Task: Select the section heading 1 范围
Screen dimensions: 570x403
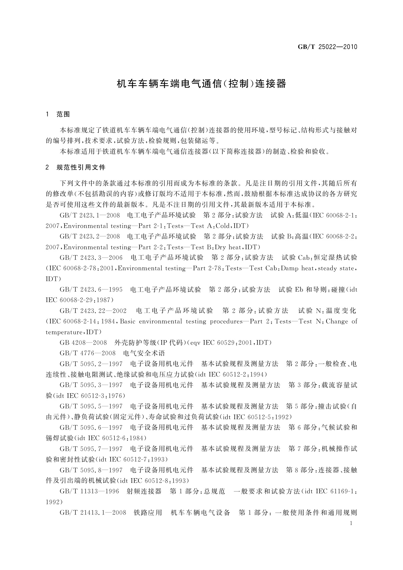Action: coord(58,114)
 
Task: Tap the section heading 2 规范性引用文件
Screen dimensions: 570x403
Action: coord(75,167)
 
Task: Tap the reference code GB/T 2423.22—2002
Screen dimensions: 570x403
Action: coord(93,311)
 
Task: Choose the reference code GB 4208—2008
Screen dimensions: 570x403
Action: coord(83,343)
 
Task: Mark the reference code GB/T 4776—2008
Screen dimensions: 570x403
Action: coord(88,353)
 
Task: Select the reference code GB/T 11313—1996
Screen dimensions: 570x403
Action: coord(89,491)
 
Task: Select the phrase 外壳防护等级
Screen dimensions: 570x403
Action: coord(135,343)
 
